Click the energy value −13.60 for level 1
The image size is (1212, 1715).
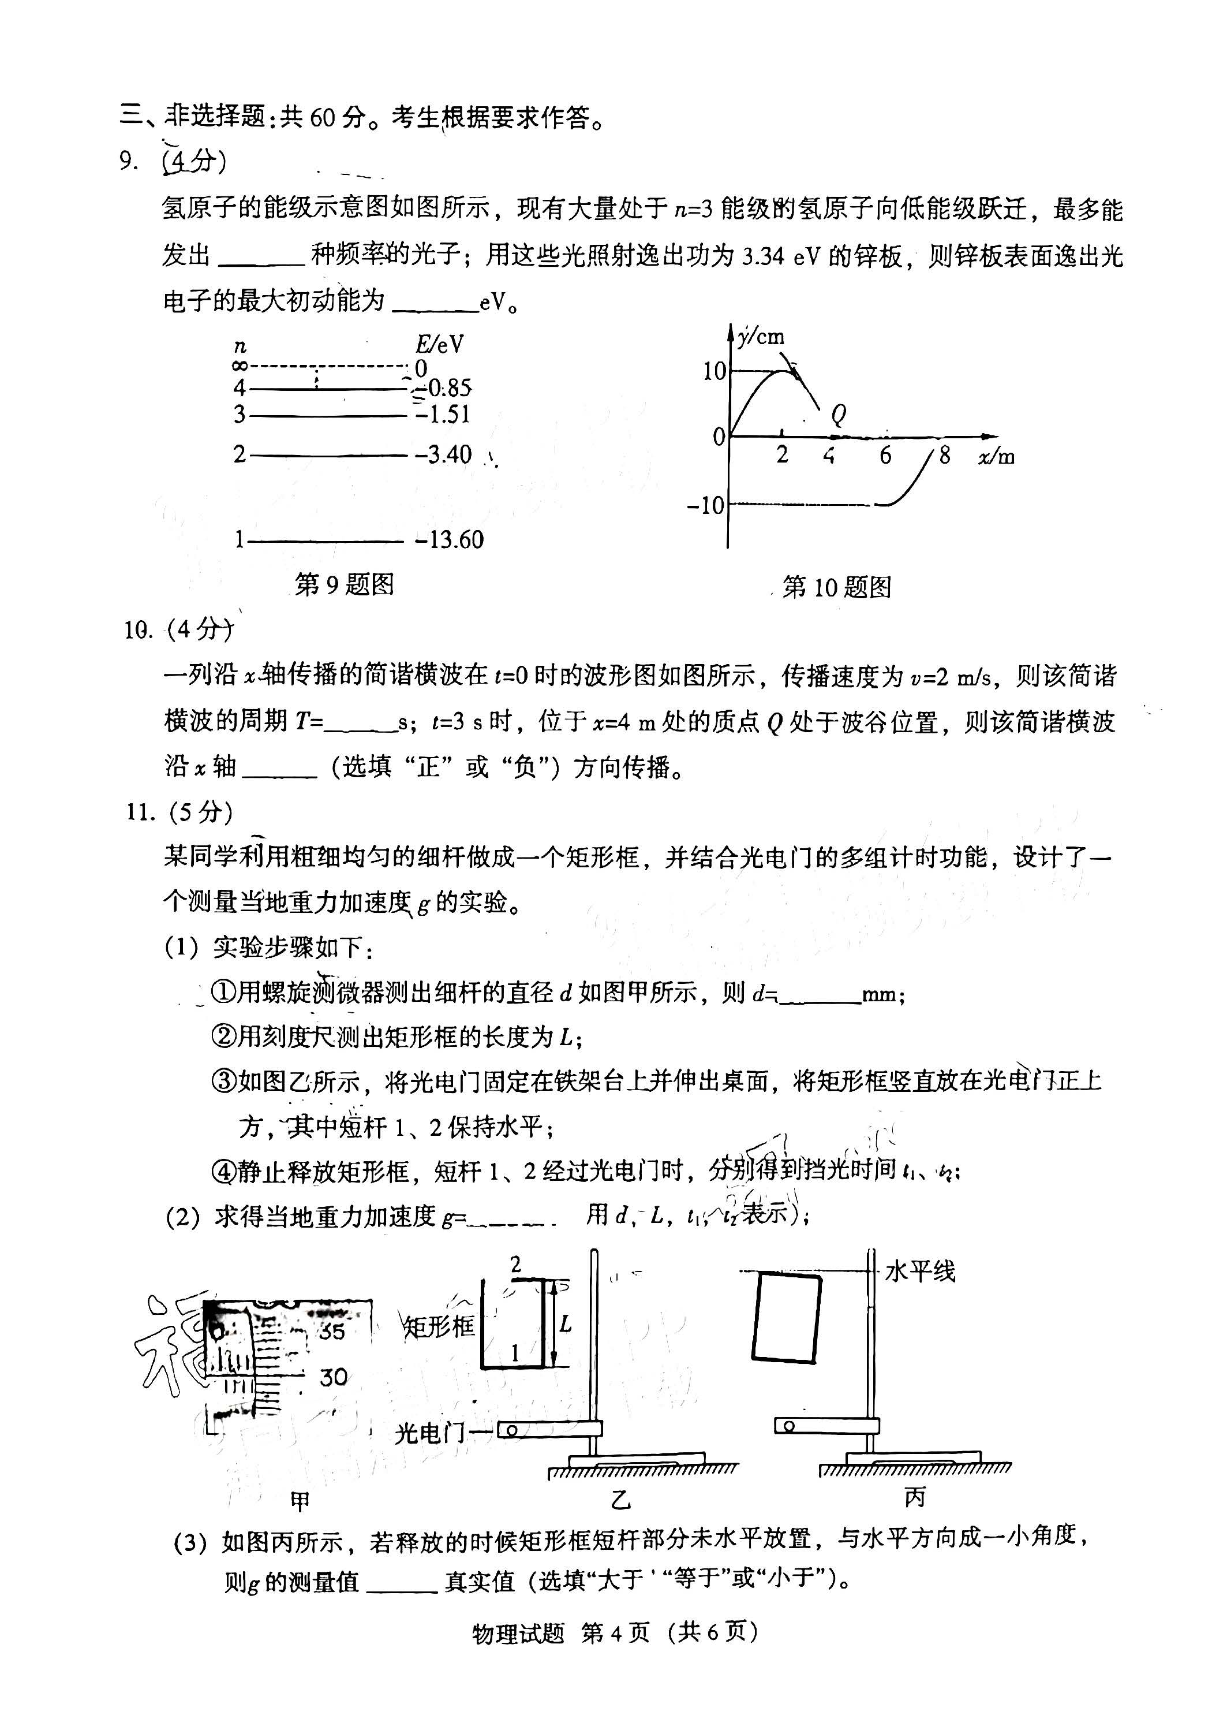click(449, 539)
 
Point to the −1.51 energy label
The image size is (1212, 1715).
click(444, 414)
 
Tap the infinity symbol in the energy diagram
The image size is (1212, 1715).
click(239, 366)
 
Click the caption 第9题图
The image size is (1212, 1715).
click(344, 584)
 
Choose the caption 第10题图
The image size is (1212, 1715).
click(836, 587)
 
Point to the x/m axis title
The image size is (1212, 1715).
click(996, 456)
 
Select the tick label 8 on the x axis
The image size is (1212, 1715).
click(945, 455)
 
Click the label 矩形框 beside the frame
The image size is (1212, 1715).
click(439, 1326)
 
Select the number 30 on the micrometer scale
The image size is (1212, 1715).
click(333, 1377)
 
